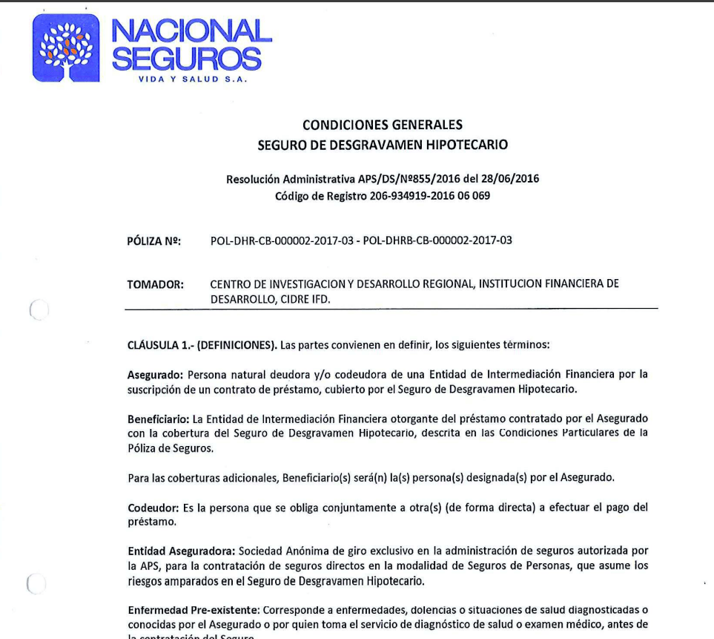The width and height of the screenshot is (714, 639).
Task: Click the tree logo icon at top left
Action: click(x=66, y=48)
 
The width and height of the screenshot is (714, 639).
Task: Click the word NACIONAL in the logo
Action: click(x=191, y=31)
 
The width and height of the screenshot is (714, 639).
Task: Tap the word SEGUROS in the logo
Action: click(x=186, y=59)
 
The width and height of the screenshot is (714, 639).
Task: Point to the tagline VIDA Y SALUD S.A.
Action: click(x=192, y=79)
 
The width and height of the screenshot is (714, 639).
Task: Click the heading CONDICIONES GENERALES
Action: click(x=383, y=125)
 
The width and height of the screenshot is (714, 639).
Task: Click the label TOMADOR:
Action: click(x=156, y=284)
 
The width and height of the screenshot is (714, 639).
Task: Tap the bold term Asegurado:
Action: click(x=156, y=374)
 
